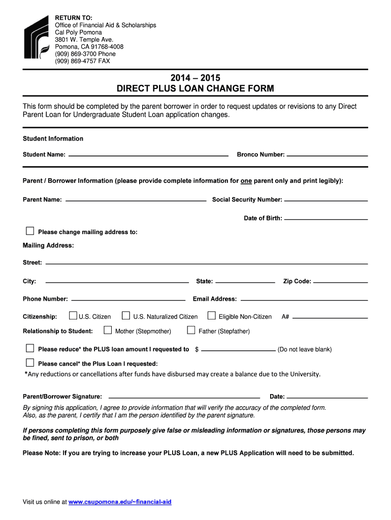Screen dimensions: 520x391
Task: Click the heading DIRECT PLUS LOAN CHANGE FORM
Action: [195, 88]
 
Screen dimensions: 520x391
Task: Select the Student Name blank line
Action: [148, 155]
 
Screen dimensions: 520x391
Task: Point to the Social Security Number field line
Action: [326, 201]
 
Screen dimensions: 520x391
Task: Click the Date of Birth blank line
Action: [326, 219]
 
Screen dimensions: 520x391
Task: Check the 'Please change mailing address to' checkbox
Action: [30, 232]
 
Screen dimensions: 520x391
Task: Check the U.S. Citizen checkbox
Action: [73, 316]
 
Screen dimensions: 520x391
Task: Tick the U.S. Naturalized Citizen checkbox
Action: [126, 316]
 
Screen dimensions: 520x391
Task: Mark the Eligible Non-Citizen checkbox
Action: [212, 316]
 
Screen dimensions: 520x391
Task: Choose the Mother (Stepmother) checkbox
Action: [108, 331]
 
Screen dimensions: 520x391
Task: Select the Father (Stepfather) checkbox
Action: [191, 331]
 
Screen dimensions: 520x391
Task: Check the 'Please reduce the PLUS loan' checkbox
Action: [30, 348]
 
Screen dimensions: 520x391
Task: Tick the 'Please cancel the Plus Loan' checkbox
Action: [30, 363]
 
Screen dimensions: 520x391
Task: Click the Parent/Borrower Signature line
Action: [184, 397]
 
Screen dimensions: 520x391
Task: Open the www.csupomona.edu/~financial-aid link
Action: [120, 502]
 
